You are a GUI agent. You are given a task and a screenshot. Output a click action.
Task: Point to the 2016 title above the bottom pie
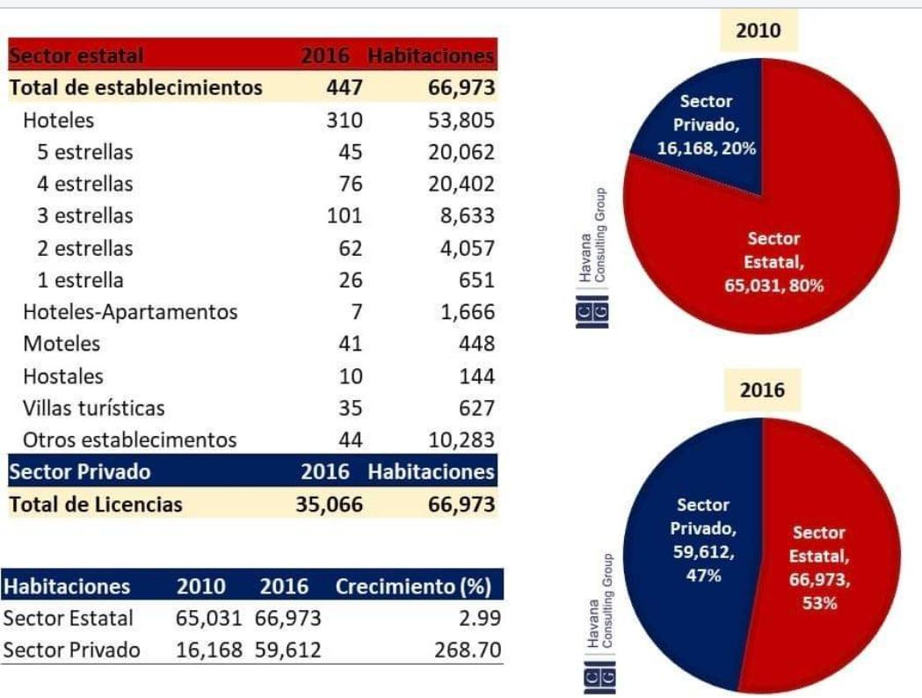tap(762, 392)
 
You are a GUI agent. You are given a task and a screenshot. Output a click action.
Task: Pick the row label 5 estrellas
tap(85, 152)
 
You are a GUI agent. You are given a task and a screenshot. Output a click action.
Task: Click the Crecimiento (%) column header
tap(413, 586)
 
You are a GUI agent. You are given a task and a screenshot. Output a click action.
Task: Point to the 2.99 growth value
tap(480, 619)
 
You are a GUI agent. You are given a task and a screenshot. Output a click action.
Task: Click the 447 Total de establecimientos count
tap(345, 88)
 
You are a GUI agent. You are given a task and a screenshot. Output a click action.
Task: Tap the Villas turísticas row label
tap(94, 408)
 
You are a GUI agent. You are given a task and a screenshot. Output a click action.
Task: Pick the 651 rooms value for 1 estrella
tap(475, 280)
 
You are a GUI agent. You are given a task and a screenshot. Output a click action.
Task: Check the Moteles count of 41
tap(350, 344)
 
